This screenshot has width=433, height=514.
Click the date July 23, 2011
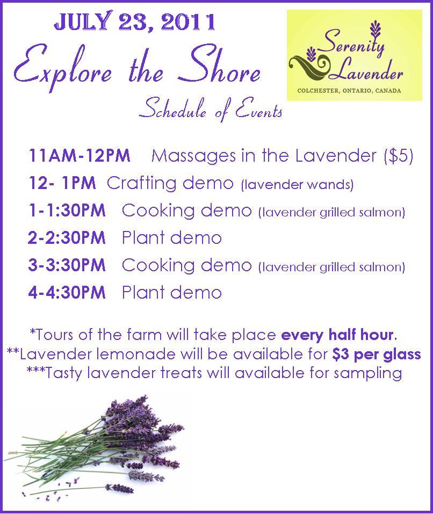point(134,23)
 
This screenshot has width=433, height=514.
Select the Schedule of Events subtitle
point(211,110)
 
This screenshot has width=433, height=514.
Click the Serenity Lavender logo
point(355,55)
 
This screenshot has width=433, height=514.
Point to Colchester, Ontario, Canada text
point(349,90)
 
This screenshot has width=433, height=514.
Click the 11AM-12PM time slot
point(80,155)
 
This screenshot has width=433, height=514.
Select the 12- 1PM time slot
point(62,183)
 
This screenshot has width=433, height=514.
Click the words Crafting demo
point(170,183)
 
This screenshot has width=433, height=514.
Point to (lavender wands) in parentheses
point(297,185)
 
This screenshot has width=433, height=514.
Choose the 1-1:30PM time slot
point(67,210)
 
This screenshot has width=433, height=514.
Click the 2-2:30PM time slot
point(67,237)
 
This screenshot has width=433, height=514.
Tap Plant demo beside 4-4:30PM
point(172,292)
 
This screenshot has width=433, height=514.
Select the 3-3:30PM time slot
point(67,265)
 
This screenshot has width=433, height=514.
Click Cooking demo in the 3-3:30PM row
point(186,265)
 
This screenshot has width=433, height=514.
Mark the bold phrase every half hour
point(337,335)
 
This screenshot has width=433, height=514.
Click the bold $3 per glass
point(376,354)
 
